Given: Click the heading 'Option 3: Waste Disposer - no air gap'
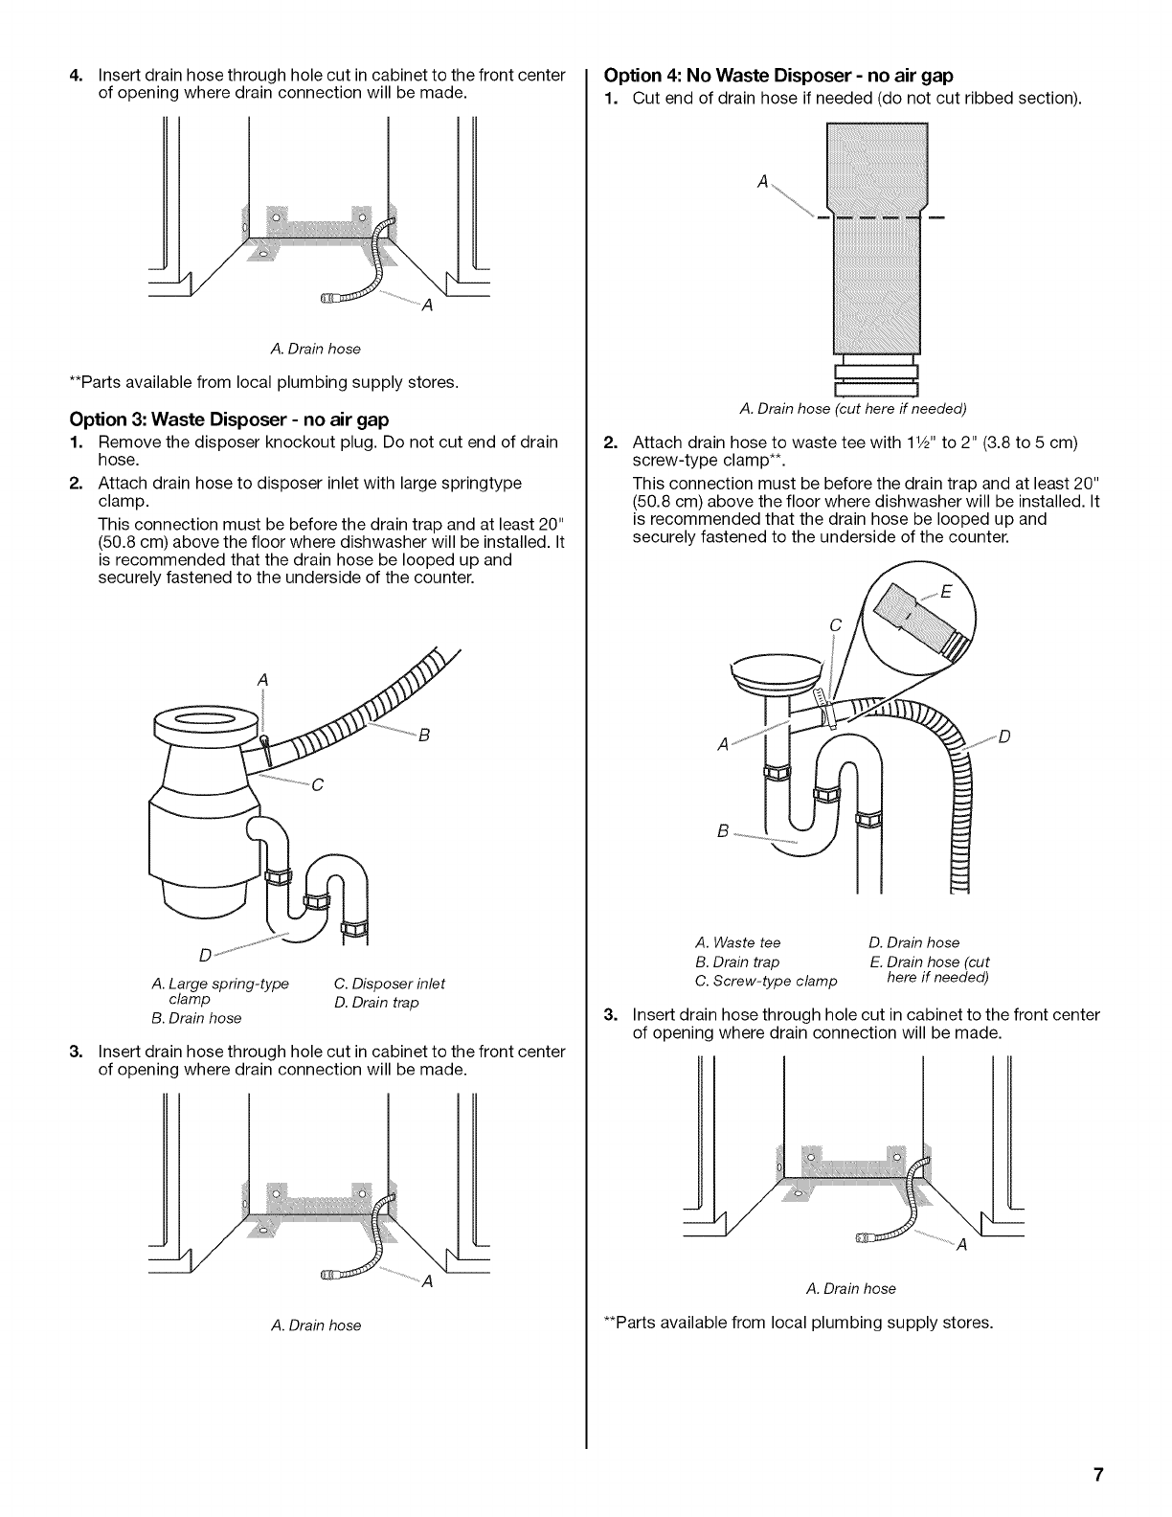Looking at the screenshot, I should pyautogui.click(x=229, y=419).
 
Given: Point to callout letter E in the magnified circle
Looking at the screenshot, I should pyautogui.click(x=946, y=592).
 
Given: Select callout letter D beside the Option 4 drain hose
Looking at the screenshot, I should pyautogui.click(x=1004, y=736).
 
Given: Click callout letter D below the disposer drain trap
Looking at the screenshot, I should pyautogui.click(x=204, y=955).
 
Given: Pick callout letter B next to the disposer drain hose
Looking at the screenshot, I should pyautogui.click(x=423, y=736).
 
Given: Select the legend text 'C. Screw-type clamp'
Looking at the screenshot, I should pyautogui.click(x=765, y=981).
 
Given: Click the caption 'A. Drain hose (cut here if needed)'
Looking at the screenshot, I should pyautogui.click(x=853, y=409).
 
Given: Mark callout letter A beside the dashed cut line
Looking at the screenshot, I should pyautogui.click(x=762, y=182).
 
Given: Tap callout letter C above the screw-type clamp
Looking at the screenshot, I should pyautogui.click(x=834, y=626).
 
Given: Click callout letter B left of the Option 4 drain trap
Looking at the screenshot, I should pyautogui.click(x=723, y=830).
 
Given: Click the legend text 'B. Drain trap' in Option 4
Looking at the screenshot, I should pyautogui.click(x=737, y=962).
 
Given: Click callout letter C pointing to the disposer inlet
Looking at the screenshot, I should pyautogui.click(x=318, y=785).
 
